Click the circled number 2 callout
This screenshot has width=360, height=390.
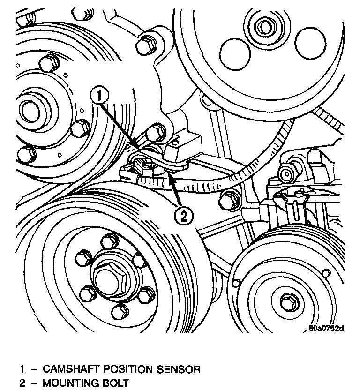point(183,216)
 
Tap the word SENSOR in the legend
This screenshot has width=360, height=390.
point(180,369)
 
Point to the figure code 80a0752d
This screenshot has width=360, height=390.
point(327,329)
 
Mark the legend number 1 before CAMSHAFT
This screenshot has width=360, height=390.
point(22,369)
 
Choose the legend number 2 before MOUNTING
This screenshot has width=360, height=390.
point(22,383)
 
